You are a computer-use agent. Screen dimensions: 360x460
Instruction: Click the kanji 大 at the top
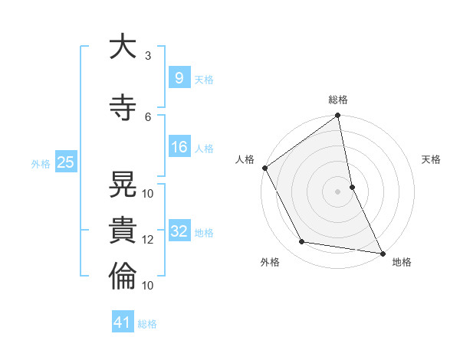tap(123, 48)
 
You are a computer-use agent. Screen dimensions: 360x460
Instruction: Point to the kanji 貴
tap(123, 228)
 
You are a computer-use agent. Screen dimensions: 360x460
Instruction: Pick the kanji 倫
tap(123, 274)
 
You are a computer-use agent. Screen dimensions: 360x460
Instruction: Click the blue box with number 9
tap(179, 78)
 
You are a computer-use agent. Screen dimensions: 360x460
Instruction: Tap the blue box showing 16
tap(179, 148)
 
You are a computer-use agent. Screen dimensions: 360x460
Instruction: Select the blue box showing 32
tap(179, 231)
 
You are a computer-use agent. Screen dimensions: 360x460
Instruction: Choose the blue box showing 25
tap(65, 162)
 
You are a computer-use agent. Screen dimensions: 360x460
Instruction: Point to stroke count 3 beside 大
tap(148, 56)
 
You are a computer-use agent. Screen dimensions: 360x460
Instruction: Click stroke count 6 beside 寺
tap(148, 116)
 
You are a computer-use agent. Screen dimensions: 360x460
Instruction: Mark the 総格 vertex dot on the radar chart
tap(337, 116)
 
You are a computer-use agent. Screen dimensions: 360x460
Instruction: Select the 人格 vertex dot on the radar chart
tap(264, 168)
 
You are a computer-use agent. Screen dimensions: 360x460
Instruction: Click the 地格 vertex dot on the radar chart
tap(382, 253)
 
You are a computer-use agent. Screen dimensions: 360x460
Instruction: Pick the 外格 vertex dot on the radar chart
tap(302, 242)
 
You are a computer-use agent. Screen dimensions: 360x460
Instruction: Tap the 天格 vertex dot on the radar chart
tap(352, 187)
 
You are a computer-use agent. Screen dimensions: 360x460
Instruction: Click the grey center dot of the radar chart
tap(337, 191)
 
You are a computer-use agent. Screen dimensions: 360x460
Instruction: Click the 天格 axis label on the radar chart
tap(432, 159)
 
